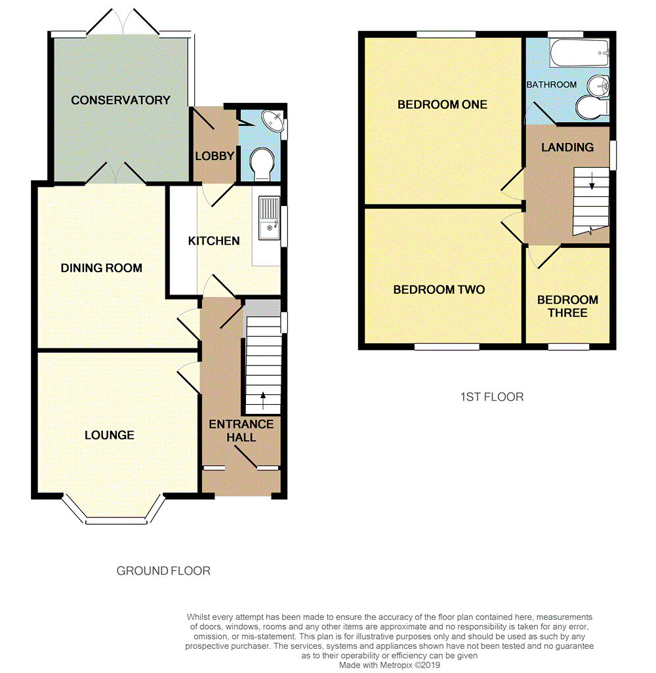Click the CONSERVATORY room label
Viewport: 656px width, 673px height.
[x=121, y=100]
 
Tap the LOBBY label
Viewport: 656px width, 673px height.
[x=214, y=156]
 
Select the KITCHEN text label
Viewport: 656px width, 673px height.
[x=214, y=241]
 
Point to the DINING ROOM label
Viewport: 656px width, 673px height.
[x=102, y=268]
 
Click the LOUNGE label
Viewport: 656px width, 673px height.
[x=110, y=435]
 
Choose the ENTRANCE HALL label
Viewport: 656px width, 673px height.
[x=241, y=431]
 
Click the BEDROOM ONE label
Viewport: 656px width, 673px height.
[x=442, y=104]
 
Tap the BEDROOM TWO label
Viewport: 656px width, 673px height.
[x=439, y=289]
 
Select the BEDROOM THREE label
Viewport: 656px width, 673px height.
[x=567, y=306]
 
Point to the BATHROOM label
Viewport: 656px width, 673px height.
[x=551, y=85]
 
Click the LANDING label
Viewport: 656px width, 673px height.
[x=567, y=148]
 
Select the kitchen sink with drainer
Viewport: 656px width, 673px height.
[x=269, y=220]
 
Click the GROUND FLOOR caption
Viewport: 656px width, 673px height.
[x=163, y=571]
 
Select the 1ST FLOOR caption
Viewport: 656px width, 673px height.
[x=491, y=397]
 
